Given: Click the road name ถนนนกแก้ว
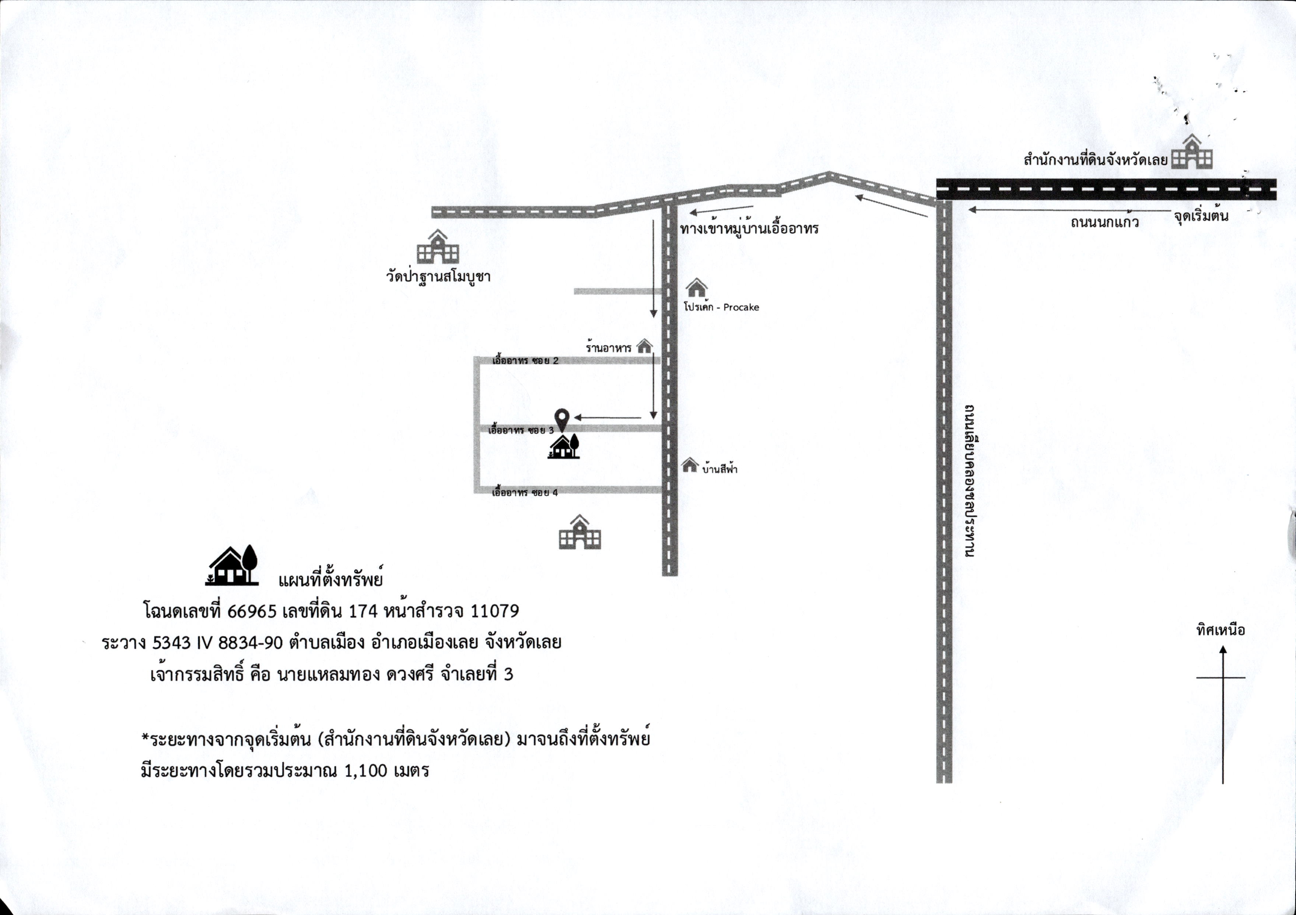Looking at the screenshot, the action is tap(1105, 222).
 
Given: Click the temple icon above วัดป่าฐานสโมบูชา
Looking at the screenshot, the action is tap(438, 247).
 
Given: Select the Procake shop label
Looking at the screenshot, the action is tap(721, 308).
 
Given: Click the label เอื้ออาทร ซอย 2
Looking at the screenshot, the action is tap(526, 361).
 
